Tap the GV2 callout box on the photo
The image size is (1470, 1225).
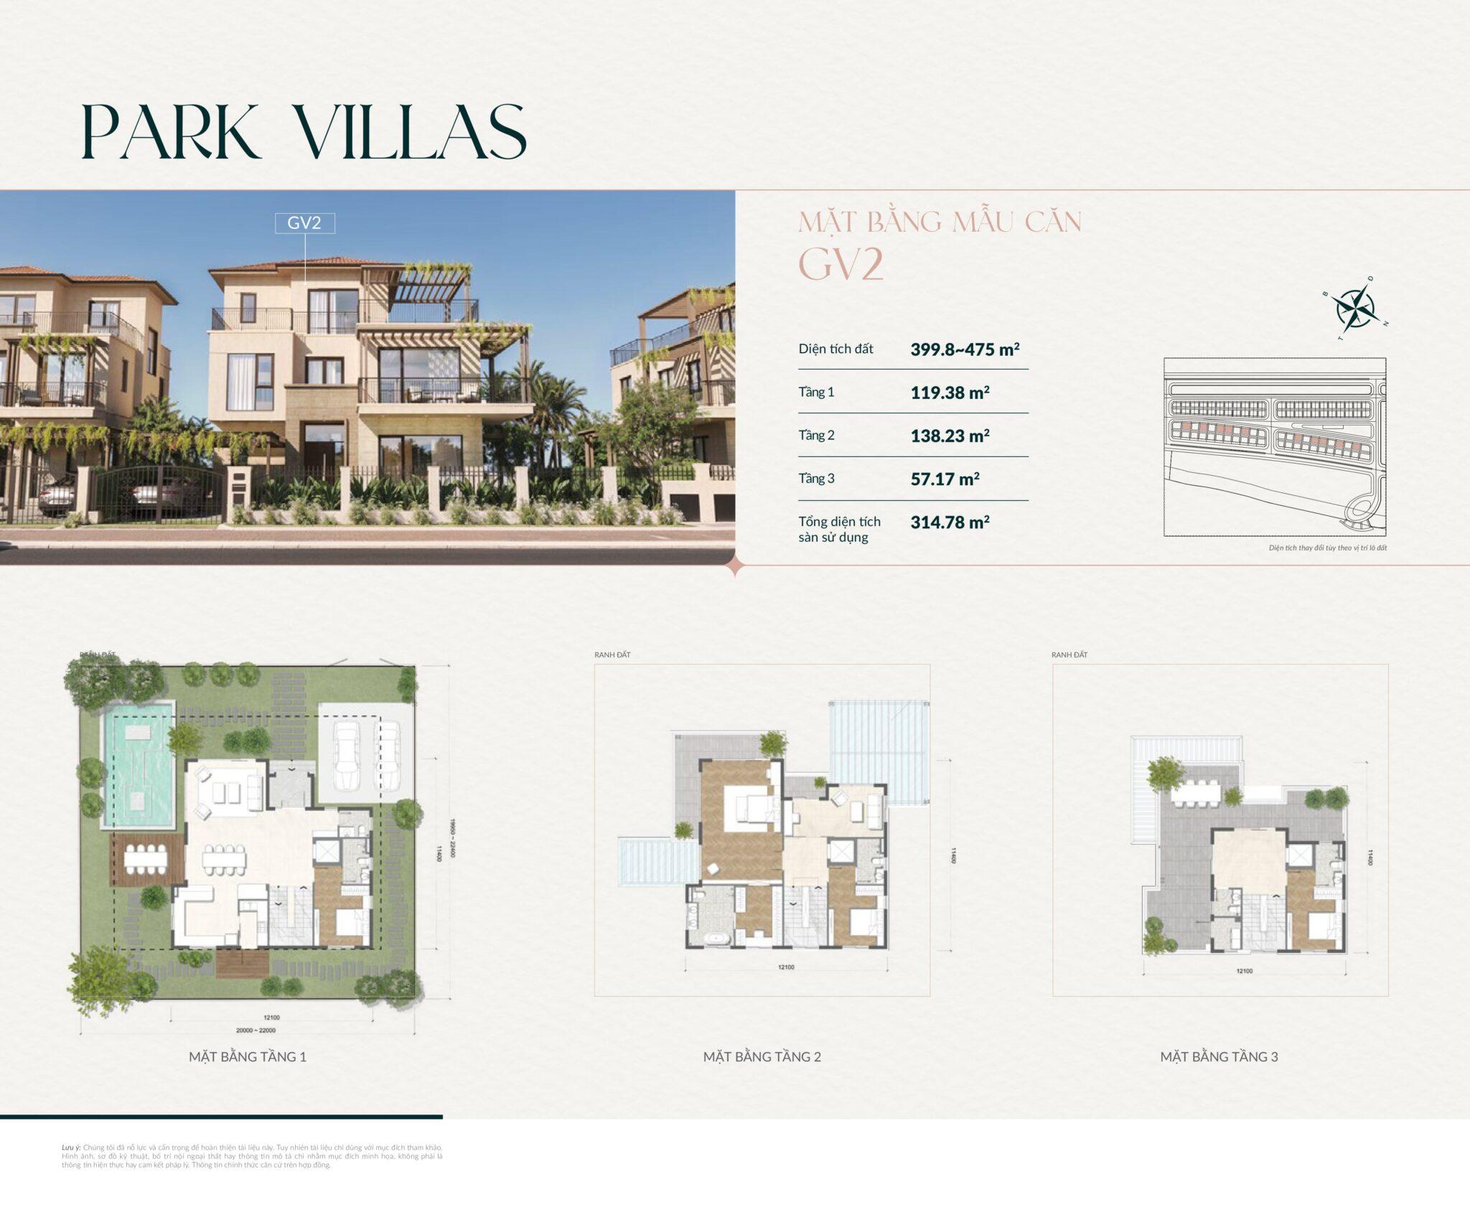click(304, 223)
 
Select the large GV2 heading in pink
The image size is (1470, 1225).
click(841, 265)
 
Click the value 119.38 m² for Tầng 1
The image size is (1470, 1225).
click(950, 393)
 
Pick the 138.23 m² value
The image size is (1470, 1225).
click(950, 436)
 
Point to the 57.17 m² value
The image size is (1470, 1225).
click(945, 479)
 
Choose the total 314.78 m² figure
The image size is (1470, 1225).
click(950, 522)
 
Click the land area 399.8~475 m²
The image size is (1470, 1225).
click(965, 349)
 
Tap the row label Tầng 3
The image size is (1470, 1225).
click(816, 479)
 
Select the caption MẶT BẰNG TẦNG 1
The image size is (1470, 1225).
click(248, 1056)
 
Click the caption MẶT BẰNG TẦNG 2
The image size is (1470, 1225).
click(762, 1056)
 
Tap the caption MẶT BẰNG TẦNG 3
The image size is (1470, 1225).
click(1219, 1056)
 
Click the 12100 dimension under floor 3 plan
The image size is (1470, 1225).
click(1244, 971)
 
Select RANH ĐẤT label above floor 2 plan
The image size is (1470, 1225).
click(612, 655)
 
